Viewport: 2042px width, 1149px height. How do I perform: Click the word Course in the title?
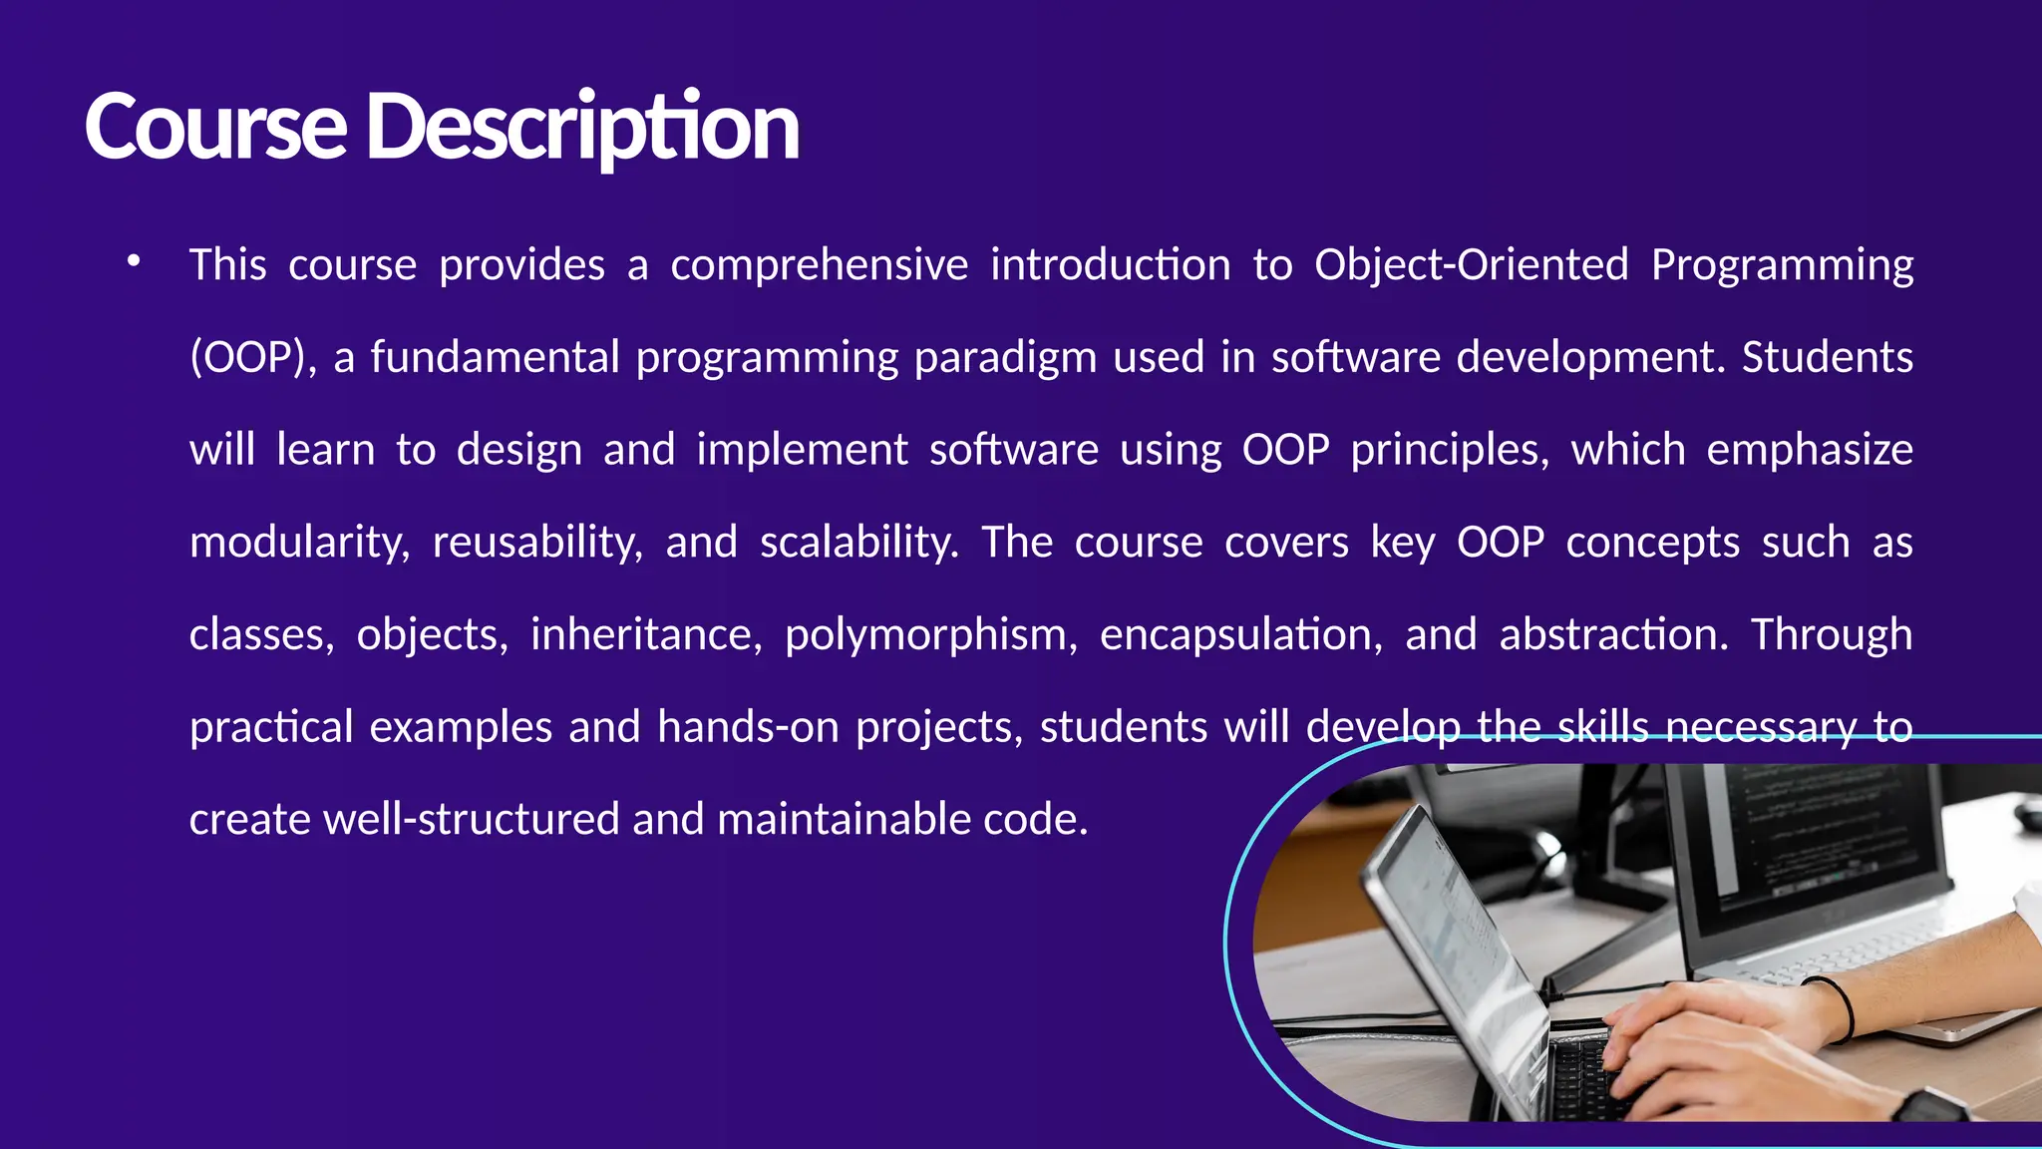click(215, 128)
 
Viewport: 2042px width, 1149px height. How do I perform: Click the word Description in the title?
click(582, 128)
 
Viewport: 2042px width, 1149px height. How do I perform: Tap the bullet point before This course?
click(134, 262)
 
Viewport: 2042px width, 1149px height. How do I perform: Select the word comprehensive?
click(819, 265)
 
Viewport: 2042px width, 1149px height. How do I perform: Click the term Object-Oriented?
click(1471, 265)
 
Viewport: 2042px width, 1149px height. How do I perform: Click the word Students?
click(1827, 357)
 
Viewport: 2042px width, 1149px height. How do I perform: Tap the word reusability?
click(537, 543)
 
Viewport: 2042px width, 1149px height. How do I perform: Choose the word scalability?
click(858, 543)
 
